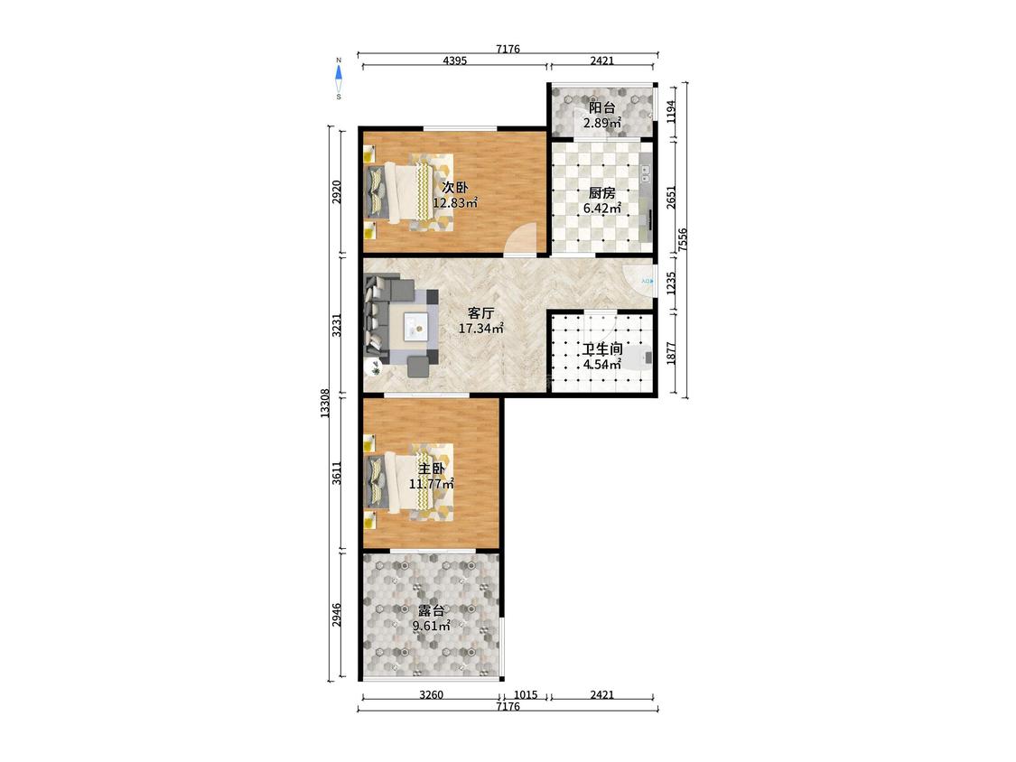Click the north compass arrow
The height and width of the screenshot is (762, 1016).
[339, 72]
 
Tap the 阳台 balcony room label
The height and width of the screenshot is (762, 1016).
[602, 108]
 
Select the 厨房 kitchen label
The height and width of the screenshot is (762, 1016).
[602, 193]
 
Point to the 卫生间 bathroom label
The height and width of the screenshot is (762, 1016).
[602, 349]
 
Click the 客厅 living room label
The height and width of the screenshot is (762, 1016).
[480, 313]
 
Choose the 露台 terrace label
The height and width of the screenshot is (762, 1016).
[431, 611]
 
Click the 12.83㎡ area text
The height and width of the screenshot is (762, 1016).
[455, 203]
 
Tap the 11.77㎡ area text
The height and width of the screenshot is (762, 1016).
[431, 483]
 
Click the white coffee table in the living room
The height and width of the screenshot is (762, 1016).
[415, 326]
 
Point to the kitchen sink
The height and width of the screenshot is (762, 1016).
[646, 173]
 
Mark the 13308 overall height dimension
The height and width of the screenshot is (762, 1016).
[325, 403]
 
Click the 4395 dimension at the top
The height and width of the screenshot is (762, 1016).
[455, 60]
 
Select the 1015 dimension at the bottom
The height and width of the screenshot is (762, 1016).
[526, 695]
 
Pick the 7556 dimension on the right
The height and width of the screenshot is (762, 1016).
[683, 239]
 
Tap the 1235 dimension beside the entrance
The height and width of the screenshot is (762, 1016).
[671, 283]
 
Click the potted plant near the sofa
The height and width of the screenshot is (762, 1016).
[374, 367]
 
